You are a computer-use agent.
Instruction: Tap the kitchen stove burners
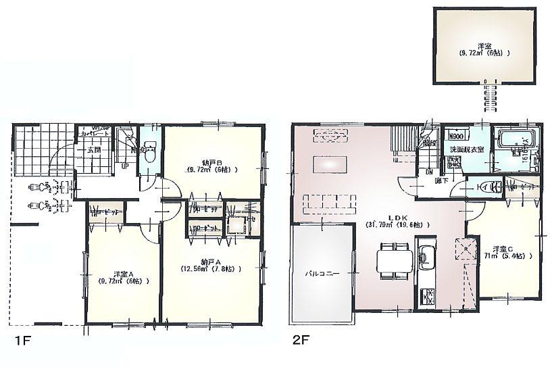click(x=427, y=295)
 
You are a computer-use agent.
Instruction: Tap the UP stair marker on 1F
click(x=124, y=165)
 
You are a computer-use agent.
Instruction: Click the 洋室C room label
click(x=500, y=248)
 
